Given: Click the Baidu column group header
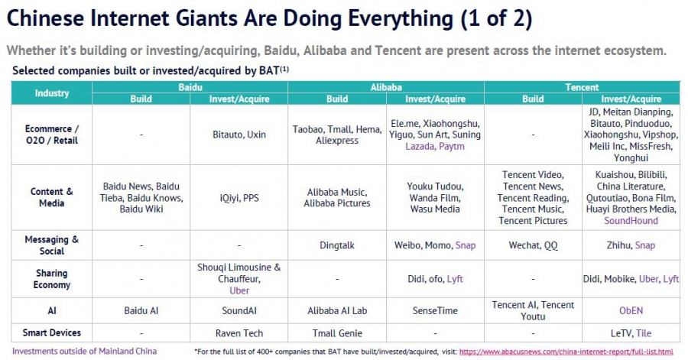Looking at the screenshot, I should click(190, 88).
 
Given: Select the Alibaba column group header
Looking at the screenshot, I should click(386, 88).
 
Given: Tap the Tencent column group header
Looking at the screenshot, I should click(582, 88).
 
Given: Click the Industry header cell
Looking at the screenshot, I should click(52, 93).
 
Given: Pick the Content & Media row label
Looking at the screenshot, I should click(52, 197).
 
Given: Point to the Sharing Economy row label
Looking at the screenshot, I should click(52, 279).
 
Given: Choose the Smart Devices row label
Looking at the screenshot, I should click(52, 332).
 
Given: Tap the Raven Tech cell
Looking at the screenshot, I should click(239, 333).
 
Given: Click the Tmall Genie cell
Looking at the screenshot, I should click(337, 333).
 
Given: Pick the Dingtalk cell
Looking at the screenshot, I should click(337, 245).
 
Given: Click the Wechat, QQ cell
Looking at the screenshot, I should click(533, 245).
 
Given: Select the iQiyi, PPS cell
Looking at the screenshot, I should click(239, 197).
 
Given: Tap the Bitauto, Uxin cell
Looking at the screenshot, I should click(239, 134).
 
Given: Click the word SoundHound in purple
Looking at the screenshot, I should click(631, 221).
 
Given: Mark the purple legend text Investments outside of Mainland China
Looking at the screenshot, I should click(85, 351).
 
